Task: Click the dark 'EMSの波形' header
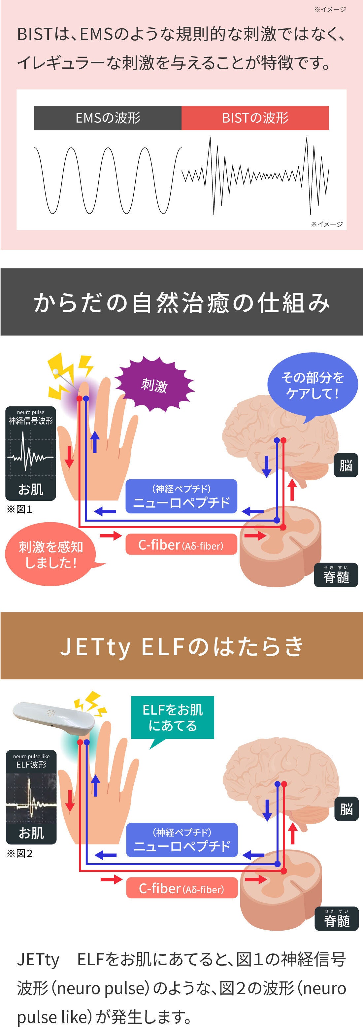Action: [x=108, y=118]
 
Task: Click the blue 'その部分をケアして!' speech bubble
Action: [x=312, y=385]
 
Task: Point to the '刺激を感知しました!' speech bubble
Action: [x=51, y=555]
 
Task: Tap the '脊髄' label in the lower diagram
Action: [x=337, y=920]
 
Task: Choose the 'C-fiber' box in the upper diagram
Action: [x=181, y=545]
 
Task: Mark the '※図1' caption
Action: [x=19, y=509]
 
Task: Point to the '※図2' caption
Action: [x=19, y=853]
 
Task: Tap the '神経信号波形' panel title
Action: [x=31, y=421]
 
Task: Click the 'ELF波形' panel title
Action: [x=31, y=765]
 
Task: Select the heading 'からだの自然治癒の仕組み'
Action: [x=181, y=302]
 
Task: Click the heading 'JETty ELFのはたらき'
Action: [x=181, y=646]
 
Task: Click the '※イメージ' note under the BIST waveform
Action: [x=327, y=224]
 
